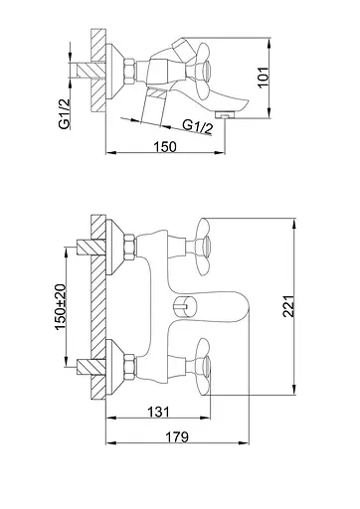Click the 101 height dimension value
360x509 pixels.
click(x=264, y=77)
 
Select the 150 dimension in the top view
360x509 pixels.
click(x=165, y=146)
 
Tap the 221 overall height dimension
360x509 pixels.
click(x=288, y=306)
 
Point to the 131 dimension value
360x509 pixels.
click(x=158, y=412)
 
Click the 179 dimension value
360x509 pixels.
click(x=177, y=436)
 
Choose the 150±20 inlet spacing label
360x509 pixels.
click(x=61, y=307)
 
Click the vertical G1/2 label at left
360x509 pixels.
click(x=65, y=114)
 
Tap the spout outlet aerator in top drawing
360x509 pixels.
click(x=225, y=114)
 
